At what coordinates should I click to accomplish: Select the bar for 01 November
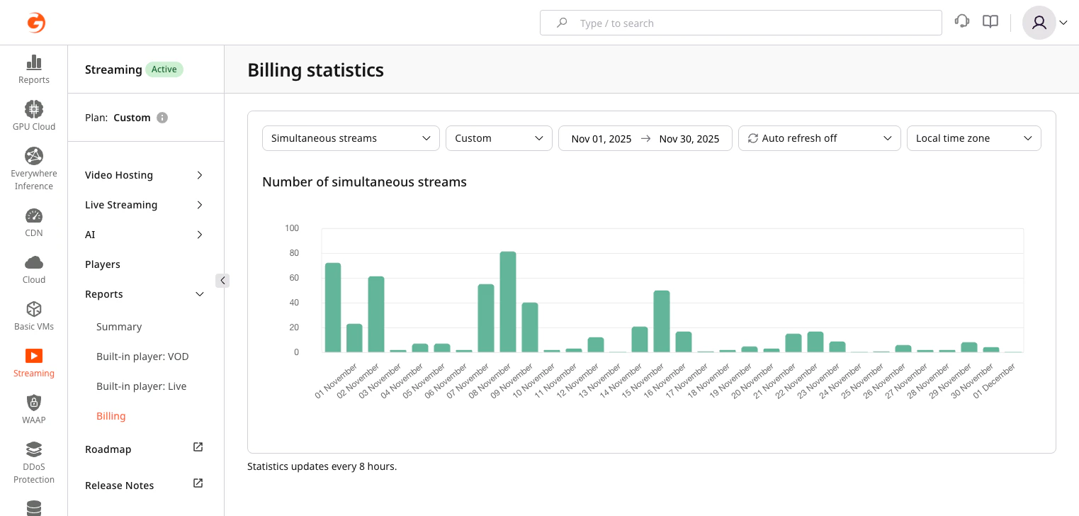pyautogui.click(x=333, y=308)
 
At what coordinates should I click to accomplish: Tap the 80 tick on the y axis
pyautogui.click(x=292, y=253)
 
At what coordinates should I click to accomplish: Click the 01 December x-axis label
pyautogui.click(x=995, y=381)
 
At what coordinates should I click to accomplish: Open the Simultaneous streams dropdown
pyautogui.click(x=351, y=138)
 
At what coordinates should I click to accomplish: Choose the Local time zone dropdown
pyautogui.click(x=973, y=138)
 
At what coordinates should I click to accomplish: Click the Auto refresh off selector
pyautogui.click(x=819, y=138)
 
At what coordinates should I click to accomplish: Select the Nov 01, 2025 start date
pyautogui.click(x=601, y=139)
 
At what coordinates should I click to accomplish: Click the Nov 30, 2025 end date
pyautogui.click(x=689, y=139)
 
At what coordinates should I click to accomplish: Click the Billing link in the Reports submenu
pyautogui.click(x=111, y=416)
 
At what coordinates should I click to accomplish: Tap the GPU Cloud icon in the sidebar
pyautogui.click(x=34, y=109)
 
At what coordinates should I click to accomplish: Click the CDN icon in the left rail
pyautogui.click(x=34, y=215)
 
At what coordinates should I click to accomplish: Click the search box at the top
pyautogui.click(x=740, y=23)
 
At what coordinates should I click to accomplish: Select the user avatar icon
pyautogui.click(x=1039, y=23)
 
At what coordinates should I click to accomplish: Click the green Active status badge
pyautogui.click(x=164, y=69)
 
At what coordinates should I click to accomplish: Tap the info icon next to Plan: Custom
pyautogui.click(x=162, y=118)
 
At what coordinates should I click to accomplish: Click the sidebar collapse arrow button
pyautogui.click(x=222, y=281)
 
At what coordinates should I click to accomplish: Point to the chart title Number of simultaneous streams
pyautogui.click(x=364, y=182)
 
